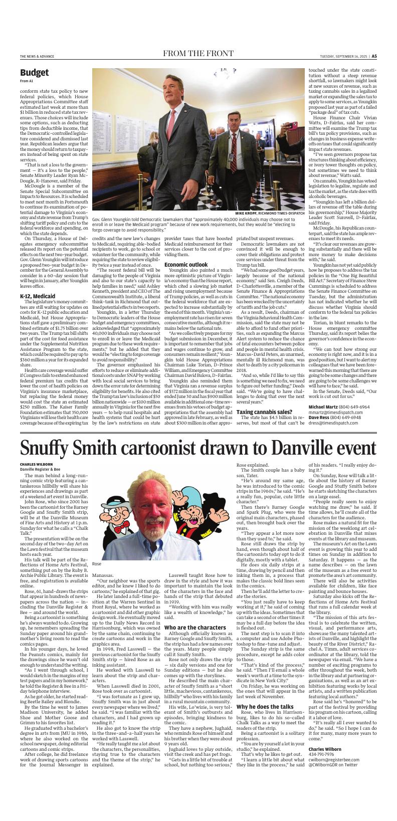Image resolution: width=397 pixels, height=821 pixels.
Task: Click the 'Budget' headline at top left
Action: tap(35, 73)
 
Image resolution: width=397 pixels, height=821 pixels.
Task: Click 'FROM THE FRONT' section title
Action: tap(198, 54)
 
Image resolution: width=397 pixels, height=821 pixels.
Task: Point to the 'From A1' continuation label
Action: tap(27, 81)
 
